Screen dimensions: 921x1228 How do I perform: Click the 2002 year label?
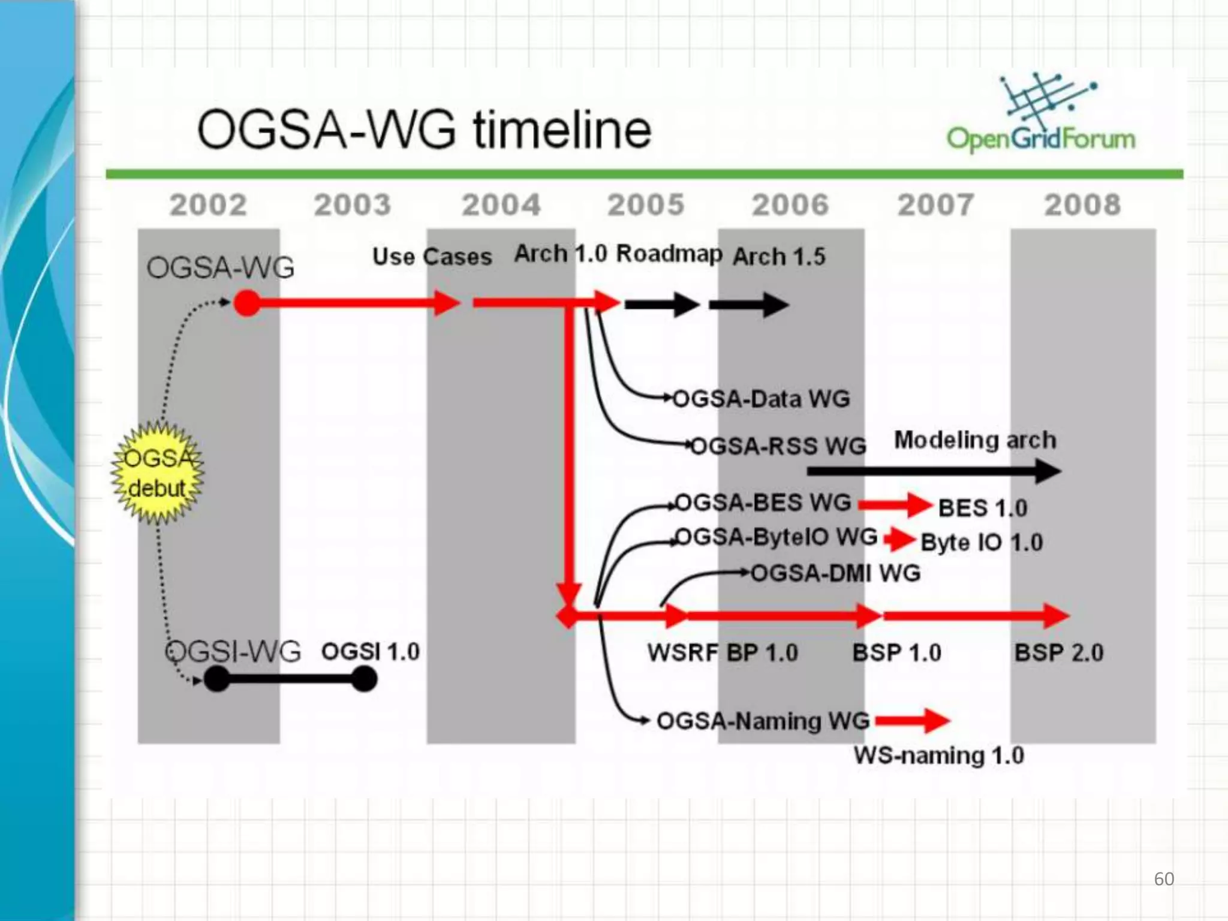click(x=207, y=205)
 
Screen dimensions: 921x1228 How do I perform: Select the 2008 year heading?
click(x=1082, y=205)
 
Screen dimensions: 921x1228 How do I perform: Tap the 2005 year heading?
click(x=646, y=205)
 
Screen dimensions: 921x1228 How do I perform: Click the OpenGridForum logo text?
click(x=1041, y=139)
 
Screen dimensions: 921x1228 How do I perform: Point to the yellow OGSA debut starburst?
click(x=158, y=473)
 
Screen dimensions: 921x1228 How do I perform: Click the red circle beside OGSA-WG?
click(x=247, y=303)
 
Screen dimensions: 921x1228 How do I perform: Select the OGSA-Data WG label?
click(x=762, y=399)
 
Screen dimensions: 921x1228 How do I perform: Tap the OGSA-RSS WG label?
click(x=778, y=446)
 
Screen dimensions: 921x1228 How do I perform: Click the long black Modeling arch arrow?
click(x=932, y=471)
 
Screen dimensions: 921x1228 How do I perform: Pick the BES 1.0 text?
click(x=983, y=508)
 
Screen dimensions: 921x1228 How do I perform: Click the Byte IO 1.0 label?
click(x=982, y=543)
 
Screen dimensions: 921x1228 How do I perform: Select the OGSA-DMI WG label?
click(x=835, y=573)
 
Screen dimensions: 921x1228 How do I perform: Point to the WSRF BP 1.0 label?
click(x=723, y=652)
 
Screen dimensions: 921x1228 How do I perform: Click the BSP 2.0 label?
click(x=1059, y=652)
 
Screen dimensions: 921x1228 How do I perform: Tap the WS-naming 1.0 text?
click(x=939, y=756)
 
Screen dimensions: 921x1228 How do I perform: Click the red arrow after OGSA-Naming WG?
click(x=912, y=721)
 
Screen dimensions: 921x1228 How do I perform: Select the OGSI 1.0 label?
click(x=371, y=651)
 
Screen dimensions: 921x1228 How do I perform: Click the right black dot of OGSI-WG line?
click(x=364, y=679)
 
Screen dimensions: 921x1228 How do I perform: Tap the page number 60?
click(x=1164, y=879)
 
